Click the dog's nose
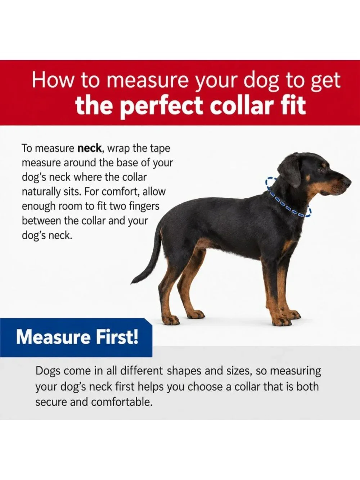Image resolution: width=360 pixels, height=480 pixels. (x=347, y=182)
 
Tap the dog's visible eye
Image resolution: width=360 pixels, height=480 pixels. (x=320, y=170)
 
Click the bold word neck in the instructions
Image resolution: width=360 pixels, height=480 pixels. (x=89, y=148)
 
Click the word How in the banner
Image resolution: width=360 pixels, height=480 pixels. (x=53, y=80)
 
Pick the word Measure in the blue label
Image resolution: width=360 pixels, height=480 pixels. (x=53, y=337)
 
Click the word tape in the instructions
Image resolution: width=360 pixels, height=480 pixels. (x=162, y=149)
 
